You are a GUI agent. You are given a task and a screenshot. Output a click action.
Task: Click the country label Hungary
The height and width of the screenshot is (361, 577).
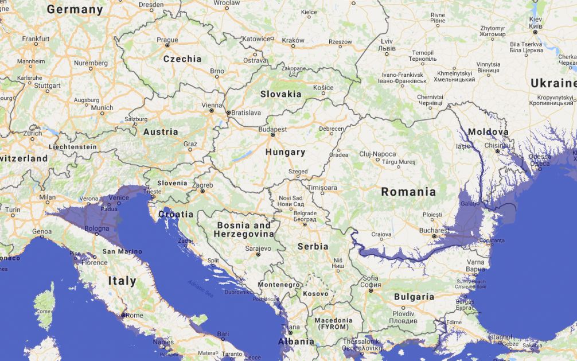point(285,152)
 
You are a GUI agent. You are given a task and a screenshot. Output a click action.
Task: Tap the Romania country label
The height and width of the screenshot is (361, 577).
point(408,192)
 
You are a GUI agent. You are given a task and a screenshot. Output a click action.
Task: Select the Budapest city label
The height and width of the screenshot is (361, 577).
point(272,129)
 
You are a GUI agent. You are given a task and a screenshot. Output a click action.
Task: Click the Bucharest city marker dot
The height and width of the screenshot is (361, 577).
point(434,236)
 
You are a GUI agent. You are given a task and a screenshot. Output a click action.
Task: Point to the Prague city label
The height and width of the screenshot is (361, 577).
point(167,40)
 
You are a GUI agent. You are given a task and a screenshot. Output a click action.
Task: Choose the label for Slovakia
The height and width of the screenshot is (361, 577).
point(280,94)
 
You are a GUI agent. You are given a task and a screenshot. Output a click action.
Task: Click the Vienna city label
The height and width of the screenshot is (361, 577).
point(211,106)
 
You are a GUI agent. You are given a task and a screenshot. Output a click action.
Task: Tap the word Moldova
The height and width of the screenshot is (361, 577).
point(488,132)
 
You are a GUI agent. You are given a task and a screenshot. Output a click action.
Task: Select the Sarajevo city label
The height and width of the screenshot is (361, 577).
point(258,249)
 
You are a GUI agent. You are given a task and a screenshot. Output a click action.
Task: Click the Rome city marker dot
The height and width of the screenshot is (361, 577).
point(123,315)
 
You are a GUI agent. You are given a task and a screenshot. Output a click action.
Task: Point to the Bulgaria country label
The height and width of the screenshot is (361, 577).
point(414,297)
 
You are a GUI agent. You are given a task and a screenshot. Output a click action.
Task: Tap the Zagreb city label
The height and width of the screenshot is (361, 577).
point(202,185)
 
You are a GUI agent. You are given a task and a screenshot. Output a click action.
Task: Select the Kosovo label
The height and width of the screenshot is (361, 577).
point(315,293)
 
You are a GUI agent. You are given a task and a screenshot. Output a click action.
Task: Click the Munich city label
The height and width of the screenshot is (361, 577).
point(102,107)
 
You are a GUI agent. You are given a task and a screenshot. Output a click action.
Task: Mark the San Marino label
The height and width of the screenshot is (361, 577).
point(122,251)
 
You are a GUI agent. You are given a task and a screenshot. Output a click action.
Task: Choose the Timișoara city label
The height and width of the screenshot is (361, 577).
point(322,188)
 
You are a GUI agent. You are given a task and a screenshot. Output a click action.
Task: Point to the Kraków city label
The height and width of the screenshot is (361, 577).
point(293,40)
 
